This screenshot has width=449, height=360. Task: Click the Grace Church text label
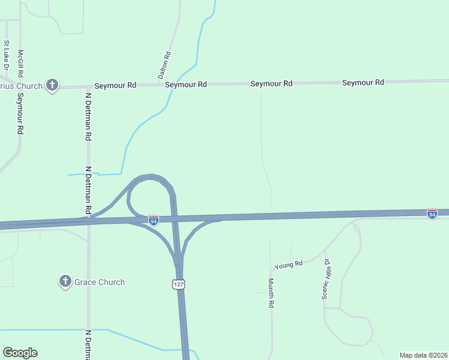(99, 282)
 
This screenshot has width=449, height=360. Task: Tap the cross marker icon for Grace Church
(65, 281)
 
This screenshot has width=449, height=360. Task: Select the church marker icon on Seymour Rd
(52, 86)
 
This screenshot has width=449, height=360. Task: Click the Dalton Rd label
(164, 65)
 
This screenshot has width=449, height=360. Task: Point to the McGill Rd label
(20, 64)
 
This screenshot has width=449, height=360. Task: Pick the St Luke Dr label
(7, 54)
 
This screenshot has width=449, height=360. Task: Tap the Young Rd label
(289, 264)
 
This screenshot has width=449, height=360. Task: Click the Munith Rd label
(271, 293)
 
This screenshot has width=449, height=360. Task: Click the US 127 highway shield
(177, 285)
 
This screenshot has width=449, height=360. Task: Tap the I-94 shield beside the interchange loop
(154, 220)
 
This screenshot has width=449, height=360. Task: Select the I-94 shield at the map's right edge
(432, 213)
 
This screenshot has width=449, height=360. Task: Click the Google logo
(20, 353)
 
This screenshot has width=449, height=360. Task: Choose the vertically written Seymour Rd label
(20, 113)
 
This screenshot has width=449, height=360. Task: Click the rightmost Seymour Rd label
(363, 82)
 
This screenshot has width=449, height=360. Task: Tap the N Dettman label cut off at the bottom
(88, 344)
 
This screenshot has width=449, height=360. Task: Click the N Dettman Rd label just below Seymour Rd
(88, 116)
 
